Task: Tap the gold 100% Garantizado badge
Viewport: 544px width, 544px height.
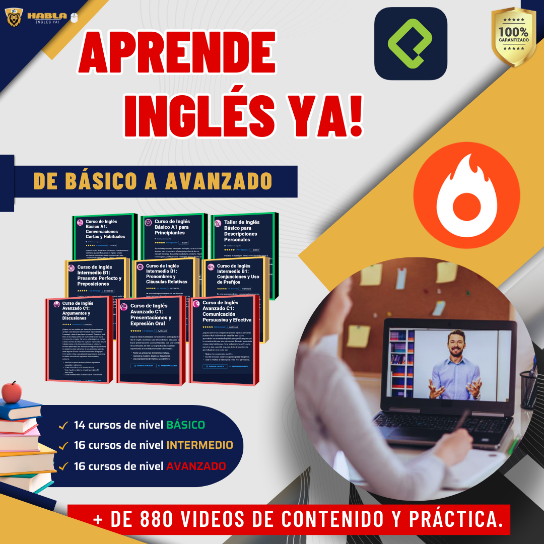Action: point(513,36)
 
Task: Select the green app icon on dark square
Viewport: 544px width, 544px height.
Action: point(411,44)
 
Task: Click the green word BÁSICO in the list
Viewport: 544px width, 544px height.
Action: point(186,425)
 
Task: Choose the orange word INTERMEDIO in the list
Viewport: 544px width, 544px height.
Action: point(200,445)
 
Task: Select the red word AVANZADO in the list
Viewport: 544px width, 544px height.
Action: point(196,466)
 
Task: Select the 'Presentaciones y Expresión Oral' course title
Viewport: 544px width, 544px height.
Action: point(151,315)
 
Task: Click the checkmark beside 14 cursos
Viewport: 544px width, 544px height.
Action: point(64,425)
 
